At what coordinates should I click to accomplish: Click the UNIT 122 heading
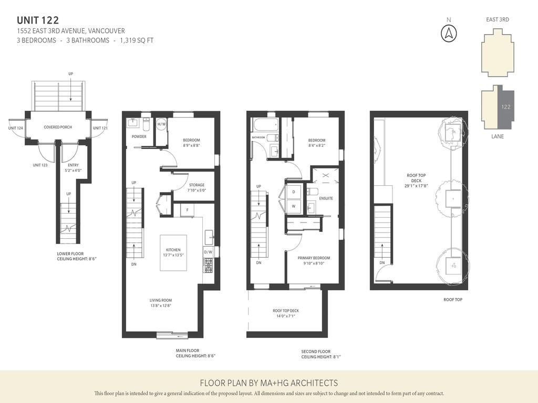click(38, 20)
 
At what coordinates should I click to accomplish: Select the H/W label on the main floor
click(161, 124)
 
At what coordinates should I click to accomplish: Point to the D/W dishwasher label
click(208, 252)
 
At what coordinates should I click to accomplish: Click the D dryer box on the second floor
click(293, 192)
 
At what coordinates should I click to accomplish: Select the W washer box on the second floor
click(293, 206)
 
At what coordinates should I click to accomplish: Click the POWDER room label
click(139, 137)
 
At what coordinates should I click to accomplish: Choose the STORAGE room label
click(197, 185)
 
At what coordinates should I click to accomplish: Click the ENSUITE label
click(326, 198)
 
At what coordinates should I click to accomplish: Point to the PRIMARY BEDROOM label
click(314, 258)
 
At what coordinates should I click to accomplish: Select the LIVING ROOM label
click(161, 300)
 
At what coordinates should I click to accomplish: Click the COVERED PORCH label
click(58, 127)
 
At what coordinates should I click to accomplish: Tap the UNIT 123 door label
click(40, 165)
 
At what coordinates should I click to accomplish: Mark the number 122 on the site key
click(505, 107)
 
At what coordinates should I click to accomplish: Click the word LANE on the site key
click(498, 136)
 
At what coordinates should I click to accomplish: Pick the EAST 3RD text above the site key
click(497, 20)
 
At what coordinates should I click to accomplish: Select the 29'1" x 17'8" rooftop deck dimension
click(417, 186)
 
